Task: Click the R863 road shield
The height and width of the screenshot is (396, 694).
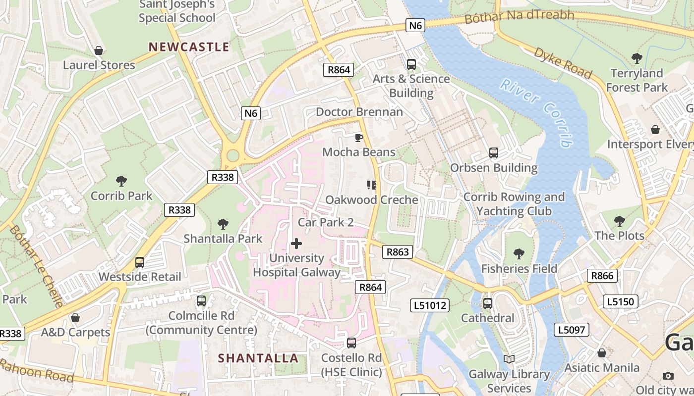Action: tap(398, 252)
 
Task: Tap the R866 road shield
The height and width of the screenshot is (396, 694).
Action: tap(602, 276)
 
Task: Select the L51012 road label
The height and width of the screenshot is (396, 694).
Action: tap(430, 305)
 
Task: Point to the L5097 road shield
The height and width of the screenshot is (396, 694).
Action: tap(572, 330)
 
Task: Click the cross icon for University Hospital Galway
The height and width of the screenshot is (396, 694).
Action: tap(296, 244)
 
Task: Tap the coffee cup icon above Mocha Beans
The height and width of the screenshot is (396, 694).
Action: tap(359, 137)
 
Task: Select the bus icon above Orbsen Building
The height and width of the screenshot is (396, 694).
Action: tap(493, 153)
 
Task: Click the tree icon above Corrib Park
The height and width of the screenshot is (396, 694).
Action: tap(121, 181)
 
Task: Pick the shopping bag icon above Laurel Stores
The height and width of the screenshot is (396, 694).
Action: tap(99, 50)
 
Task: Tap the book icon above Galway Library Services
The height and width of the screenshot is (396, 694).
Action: tap(509, 359)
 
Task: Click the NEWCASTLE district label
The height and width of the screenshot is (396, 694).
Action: tap(189, 47)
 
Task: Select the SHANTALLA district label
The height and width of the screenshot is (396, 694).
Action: tap(258, 358)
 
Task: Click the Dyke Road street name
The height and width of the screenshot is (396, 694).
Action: tap(563, 63)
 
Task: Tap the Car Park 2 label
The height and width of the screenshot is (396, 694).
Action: tap(326, 222)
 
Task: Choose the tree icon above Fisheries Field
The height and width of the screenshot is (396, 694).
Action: tap(519, 254)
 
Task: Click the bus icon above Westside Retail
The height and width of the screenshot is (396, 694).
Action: tap(140, 262)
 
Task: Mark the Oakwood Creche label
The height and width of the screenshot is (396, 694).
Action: tap(372, 200)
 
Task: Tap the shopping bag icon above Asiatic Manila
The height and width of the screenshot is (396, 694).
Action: tap(601, 353)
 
